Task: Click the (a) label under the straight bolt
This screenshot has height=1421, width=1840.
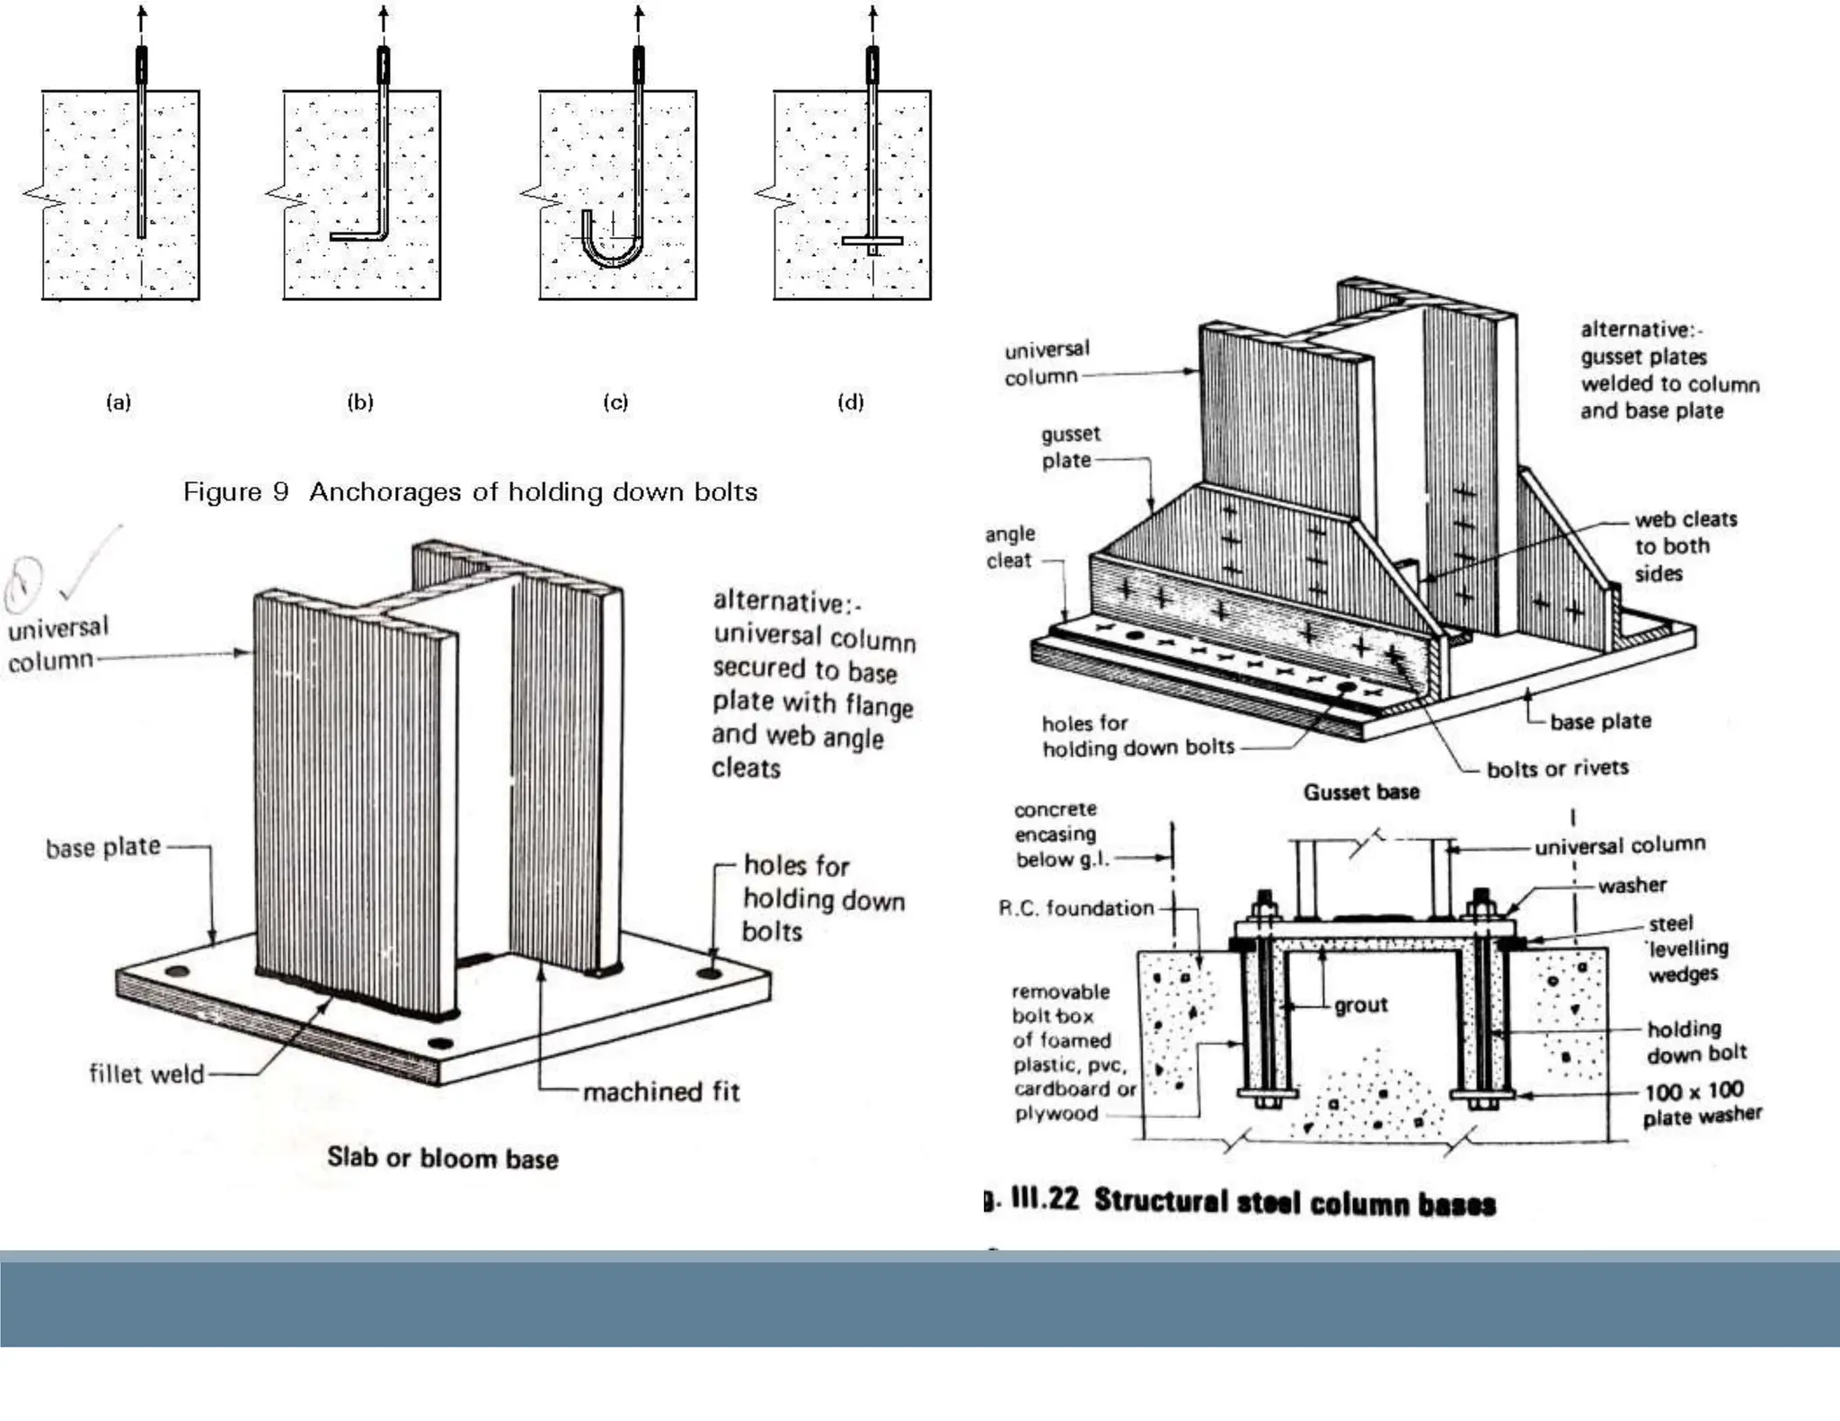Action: pyautogui.click(x=119, y=402)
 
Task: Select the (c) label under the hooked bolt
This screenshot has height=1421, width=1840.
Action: pyautogui.click(x=615, y=402)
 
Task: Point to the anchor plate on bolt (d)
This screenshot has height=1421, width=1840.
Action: pyautogui.click(x=871, y=241)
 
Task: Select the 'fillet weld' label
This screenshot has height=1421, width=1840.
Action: pyautogui.click(x=146, y=1073)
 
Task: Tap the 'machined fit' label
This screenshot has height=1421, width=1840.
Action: pyautogui.click(x=661, y=1091)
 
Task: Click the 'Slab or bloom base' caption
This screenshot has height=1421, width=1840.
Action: pyautogui.click(x=442, y=1158)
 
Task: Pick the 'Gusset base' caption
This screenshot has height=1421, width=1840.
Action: pyautogui.click(x=1361, y=791)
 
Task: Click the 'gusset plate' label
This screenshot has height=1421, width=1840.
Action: pyautogui.click(x=1069, y=446)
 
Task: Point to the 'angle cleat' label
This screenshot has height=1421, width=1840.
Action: pyautogui.click(x=1010, y=546)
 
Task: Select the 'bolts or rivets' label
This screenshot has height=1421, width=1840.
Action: pyautogui.click(x=1557, y=768)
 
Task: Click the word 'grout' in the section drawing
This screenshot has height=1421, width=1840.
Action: pyautogui.click(x=1360, y=1004)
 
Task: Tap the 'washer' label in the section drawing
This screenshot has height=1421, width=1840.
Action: pyautogui.click(x=1632, y=885)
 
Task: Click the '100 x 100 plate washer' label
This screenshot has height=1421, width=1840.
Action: pyautogui.click(x=1701, y=1103)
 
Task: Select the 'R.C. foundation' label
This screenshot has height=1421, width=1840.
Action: pyautogui.click(x=1075, y=908)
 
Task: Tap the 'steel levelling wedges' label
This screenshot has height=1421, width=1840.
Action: pyautogui.click(x=1686, y=948)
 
